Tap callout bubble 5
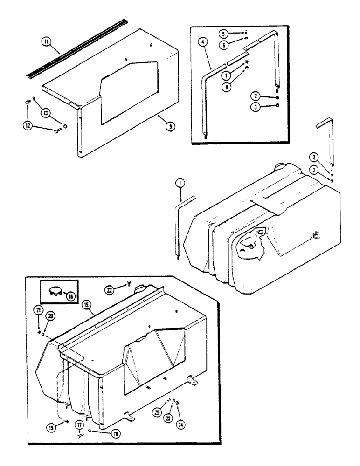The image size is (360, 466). [236, 34]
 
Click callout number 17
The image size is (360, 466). [80, 425]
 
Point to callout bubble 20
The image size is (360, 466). [50, 316]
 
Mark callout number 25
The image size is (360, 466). [156, 412]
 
